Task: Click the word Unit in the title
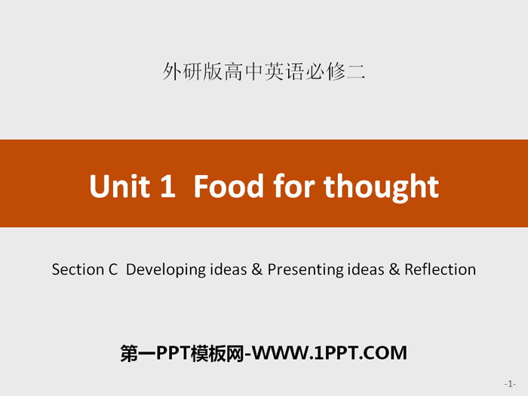tap(119, 186)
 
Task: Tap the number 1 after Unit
tap(167, 186)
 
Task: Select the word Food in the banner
tap(229, 186)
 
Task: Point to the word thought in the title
tap(381, 188)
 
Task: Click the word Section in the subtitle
tap(78, 269)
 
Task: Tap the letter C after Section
tap(113, 270)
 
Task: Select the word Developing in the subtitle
tap(165, 270)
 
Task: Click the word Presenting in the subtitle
tap(305, 270)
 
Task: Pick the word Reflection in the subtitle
tap(440, 269)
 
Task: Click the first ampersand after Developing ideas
tap(257, 269)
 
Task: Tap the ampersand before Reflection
tap(394, 269)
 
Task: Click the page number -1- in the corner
tap(510, 383)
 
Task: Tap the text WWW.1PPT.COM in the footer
tap(330, 353)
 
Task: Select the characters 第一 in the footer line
tap(138, 353)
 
